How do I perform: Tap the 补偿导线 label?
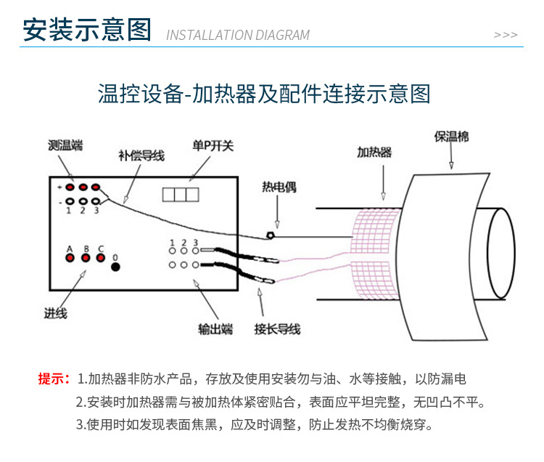pos(141,155)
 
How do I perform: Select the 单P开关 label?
pos(213,146)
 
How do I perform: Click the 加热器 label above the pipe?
pos(374,153)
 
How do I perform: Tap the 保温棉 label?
pos(451,136)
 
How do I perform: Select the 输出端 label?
pos(215,328)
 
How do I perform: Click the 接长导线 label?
pos(277,329)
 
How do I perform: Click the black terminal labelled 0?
pos(115,267)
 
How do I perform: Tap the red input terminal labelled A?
pos(70,258)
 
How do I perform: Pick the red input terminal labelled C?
pos(100,258)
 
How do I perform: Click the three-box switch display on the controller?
pos(181,194)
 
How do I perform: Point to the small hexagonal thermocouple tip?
pos(269,235)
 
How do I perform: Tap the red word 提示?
pos(53,379)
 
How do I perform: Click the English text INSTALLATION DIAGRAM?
pos(238,35)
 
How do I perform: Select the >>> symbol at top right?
pos(506,35)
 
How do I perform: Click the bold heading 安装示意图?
pos(87,31)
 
